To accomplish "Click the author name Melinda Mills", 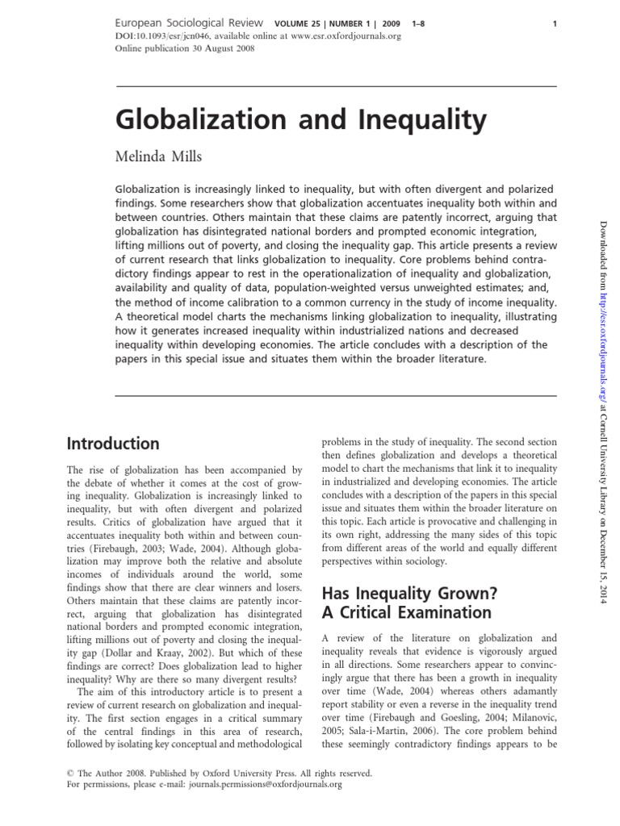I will [x=161, y=156].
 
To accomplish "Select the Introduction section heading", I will [x=112, y=444].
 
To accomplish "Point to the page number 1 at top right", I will [x=555, y=24].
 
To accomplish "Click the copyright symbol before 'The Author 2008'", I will [x=69, y=773].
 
